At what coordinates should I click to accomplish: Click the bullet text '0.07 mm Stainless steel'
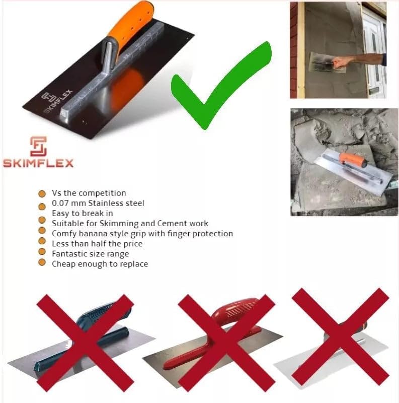pos(98,203)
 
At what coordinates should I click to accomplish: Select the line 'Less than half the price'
pos(97,243)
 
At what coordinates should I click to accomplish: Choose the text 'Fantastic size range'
pos(90,253)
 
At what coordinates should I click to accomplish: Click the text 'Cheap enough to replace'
pos(100,263)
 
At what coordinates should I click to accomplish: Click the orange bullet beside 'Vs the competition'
pos(42,193)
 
